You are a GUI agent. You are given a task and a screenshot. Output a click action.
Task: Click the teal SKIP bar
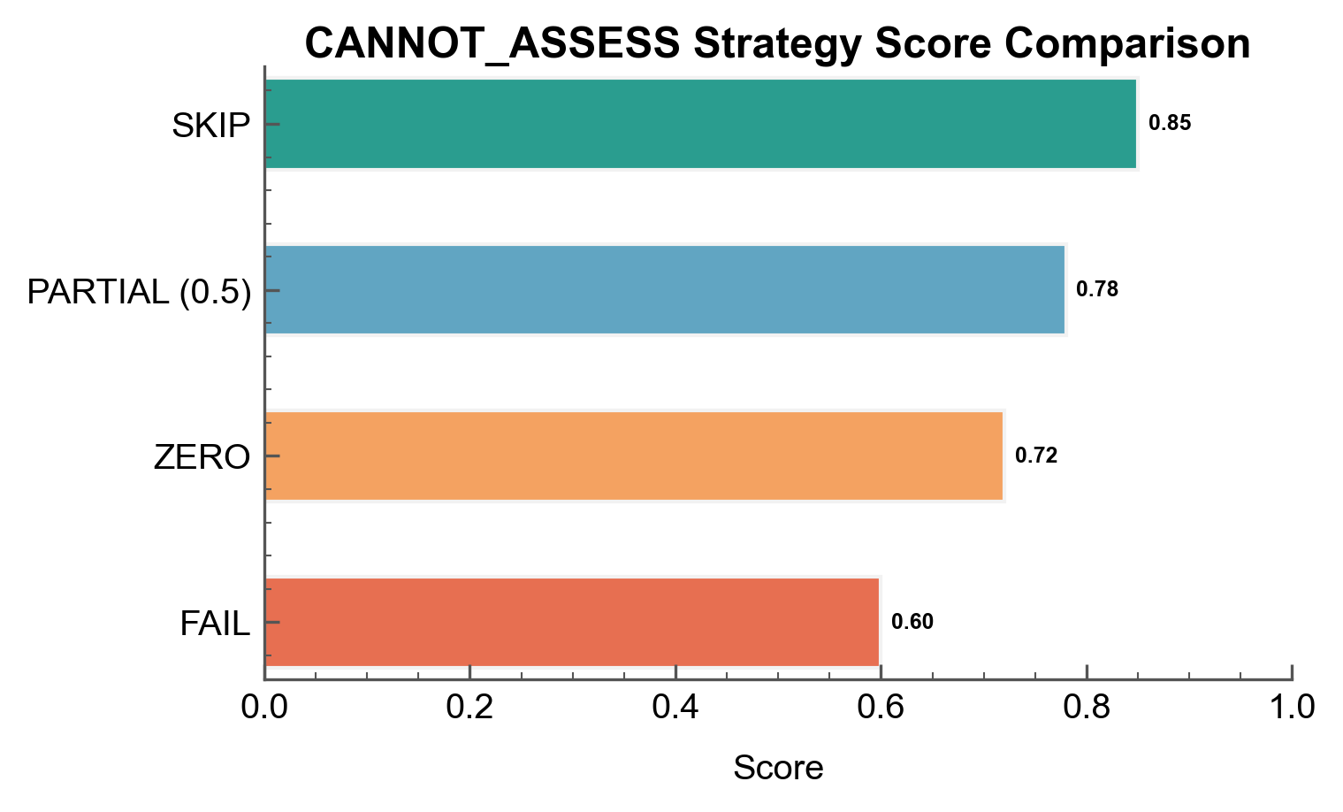pos(700,124)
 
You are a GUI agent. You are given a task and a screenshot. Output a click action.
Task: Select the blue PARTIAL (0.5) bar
pos(665,290)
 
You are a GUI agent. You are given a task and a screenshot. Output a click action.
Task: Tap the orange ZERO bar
pos(634,456)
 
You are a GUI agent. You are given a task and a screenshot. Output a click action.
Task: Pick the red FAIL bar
pos(572,622)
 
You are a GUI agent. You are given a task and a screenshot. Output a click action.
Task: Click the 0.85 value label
pos(1170,123)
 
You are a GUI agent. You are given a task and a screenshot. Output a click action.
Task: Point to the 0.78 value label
pos(1097,289)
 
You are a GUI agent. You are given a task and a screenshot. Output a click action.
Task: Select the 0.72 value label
pos(1036,456)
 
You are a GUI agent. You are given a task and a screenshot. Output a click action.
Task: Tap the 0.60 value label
pos(912,622)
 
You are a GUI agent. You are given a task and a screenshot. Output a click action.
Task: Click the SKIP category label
pos(211,126)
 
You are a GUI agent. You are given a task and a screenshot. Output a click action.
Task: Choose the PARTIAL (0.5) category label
pos(139,292)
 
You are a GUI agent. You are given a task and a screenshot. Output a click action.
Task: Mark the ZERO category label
pos(202,457)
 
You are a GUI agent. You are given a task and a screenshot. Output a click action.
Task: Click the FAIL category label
pos(215,624)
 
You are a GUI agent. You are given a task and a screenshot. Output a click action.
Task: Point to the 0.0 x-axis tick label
pos(264,708)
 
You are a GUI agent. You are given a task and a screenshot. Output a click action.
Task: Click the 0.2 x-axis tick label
pos(470,708)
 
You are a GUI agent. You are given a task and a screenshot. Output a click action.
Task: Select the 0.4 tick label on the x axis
pos(675,708)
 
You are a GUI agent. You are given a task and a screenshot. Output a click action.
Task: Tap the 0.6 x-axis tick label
pos(881,708)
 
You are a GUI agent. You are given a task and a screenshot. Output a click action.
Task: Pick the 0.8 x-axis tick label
pos(1087,708)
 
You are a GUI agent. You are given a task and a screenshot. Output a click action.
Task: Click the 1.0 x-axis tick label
pos(1292,708)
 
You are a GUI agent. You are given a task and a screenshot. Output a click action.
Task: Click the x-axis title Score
pos(778,768)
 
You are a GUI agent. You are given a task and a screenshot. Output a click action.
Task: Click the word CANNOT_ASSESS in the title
pos(492,43)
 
